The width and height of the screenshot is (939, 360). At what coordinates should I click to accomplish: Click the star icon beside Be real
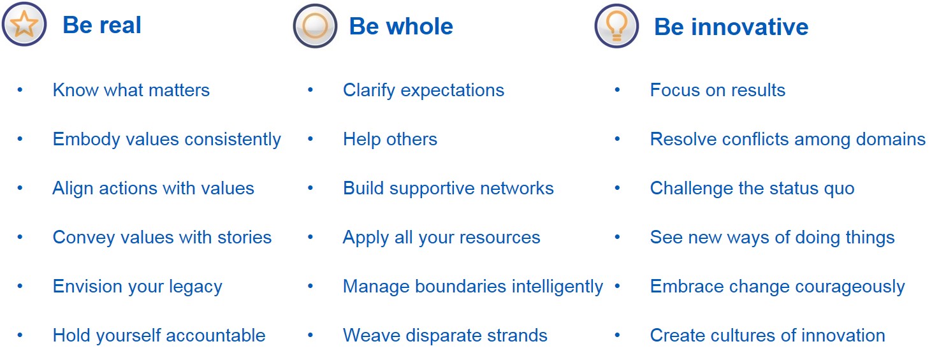[24, 24]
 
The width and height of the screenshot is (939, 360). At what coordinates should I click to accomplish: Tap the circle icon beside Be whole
[315, 26]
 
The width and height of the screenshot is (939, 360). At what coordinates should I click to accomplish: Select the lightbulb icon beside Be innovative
[616, 26]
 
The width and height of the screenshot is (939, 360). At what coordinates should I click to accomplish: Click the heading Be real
[102, 25]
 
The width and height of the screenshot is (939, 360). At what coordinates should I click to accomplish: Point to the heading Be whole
[401, 26]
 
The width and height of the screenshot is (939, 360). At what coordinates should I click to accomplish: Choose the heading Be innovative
[731, 27]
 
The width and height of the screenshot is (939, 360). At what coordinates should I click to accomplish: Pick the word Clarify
[369, 90]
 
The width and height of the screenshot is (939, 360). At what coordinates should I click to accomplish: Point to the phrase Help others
[390, 140]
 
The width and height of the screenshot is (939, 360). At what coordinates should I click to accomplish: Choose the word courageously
[850, 287]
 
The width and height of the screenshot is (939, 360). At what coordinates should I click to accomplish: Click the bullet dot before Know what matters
[20, 90]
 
